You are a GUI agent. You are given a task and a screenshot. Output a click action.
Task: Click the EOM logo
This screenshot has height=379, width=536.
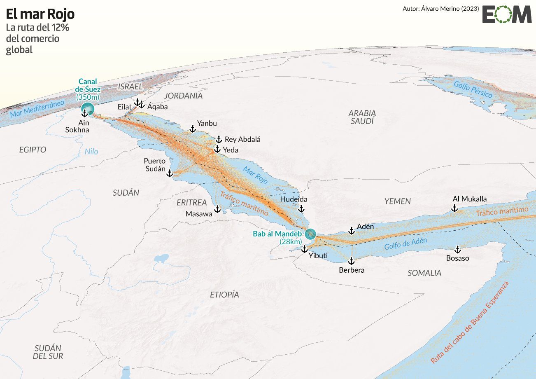507,14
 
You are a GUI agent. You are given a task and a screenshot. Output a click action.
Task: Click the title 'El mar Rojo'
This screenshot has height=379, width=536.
40,14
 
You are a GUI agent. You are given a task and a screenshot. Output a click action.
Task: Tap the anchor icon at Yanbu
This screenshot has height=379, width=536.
192,129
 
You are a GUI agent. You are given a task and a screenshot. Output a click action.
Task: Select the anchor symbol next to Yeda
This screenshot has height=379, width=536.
217,149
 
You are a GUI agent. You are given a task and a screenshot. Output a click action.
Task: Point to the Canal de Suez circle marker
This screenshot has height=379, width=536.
88,109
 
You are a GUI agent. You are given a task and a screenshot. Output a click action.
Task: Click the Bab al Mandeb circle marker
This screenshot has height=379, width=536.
310,234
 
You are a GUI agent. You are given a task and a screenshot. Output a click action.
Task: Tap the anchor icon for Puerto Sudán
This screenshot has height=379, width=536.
169,173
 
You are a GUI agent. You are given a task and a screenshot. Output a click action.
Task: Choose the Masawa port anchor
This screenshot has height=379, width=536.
217,209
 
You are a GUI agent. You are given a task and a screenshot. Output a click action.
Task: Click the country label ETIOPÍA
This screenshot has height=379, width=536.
224,295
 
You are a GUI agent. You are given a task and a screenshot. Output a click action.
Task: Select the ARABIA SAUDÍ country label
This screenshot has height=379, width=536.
362,117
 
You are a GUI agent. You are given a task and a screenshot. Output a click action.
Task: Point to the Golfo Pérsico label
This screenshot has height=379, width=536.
473,89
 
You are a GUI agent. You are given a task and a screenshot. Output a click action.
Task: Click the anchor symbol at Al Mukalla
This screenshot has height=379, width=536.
454,208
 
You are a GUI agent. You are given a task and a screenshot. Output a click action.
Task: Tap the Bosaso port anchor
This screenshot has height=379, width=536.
457,250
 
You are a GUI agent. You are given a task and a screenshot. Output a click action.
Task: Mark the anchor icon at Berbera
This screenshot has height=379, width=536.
351,261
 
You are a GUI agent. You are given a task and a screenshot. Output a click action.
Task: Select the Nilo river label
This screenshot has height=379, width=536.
91,152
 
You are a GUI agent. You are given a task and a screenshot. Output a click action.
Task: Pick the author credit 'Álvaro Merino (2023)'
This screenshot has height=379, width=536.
441,8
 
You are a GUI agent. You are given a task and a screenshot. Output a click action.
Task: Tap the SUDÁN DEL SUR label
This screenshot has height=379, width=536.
48,352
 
